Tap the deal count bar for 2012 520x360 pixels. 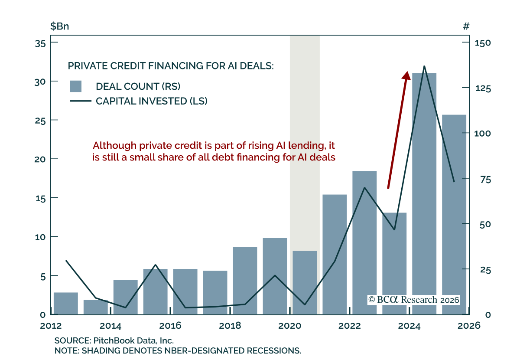point(66,303)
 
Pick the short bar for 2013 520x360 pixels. point(96,307)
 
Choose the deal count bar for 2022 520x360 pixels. point(364,242)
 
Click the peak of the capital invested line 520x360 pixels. point(424,66)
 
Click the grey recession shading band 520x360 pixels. point(305,130)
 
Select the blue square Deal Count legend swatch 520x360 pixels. point(76,86)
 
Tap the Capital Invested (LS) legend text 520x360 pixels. point(152,101)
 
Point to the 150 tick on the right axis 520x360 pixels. point(482,43)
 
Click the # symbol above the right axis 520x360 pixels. point(466,26)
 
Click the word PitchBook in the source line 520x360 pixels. point(109,340)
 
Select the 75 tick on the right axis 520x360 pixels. point(480,179)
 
